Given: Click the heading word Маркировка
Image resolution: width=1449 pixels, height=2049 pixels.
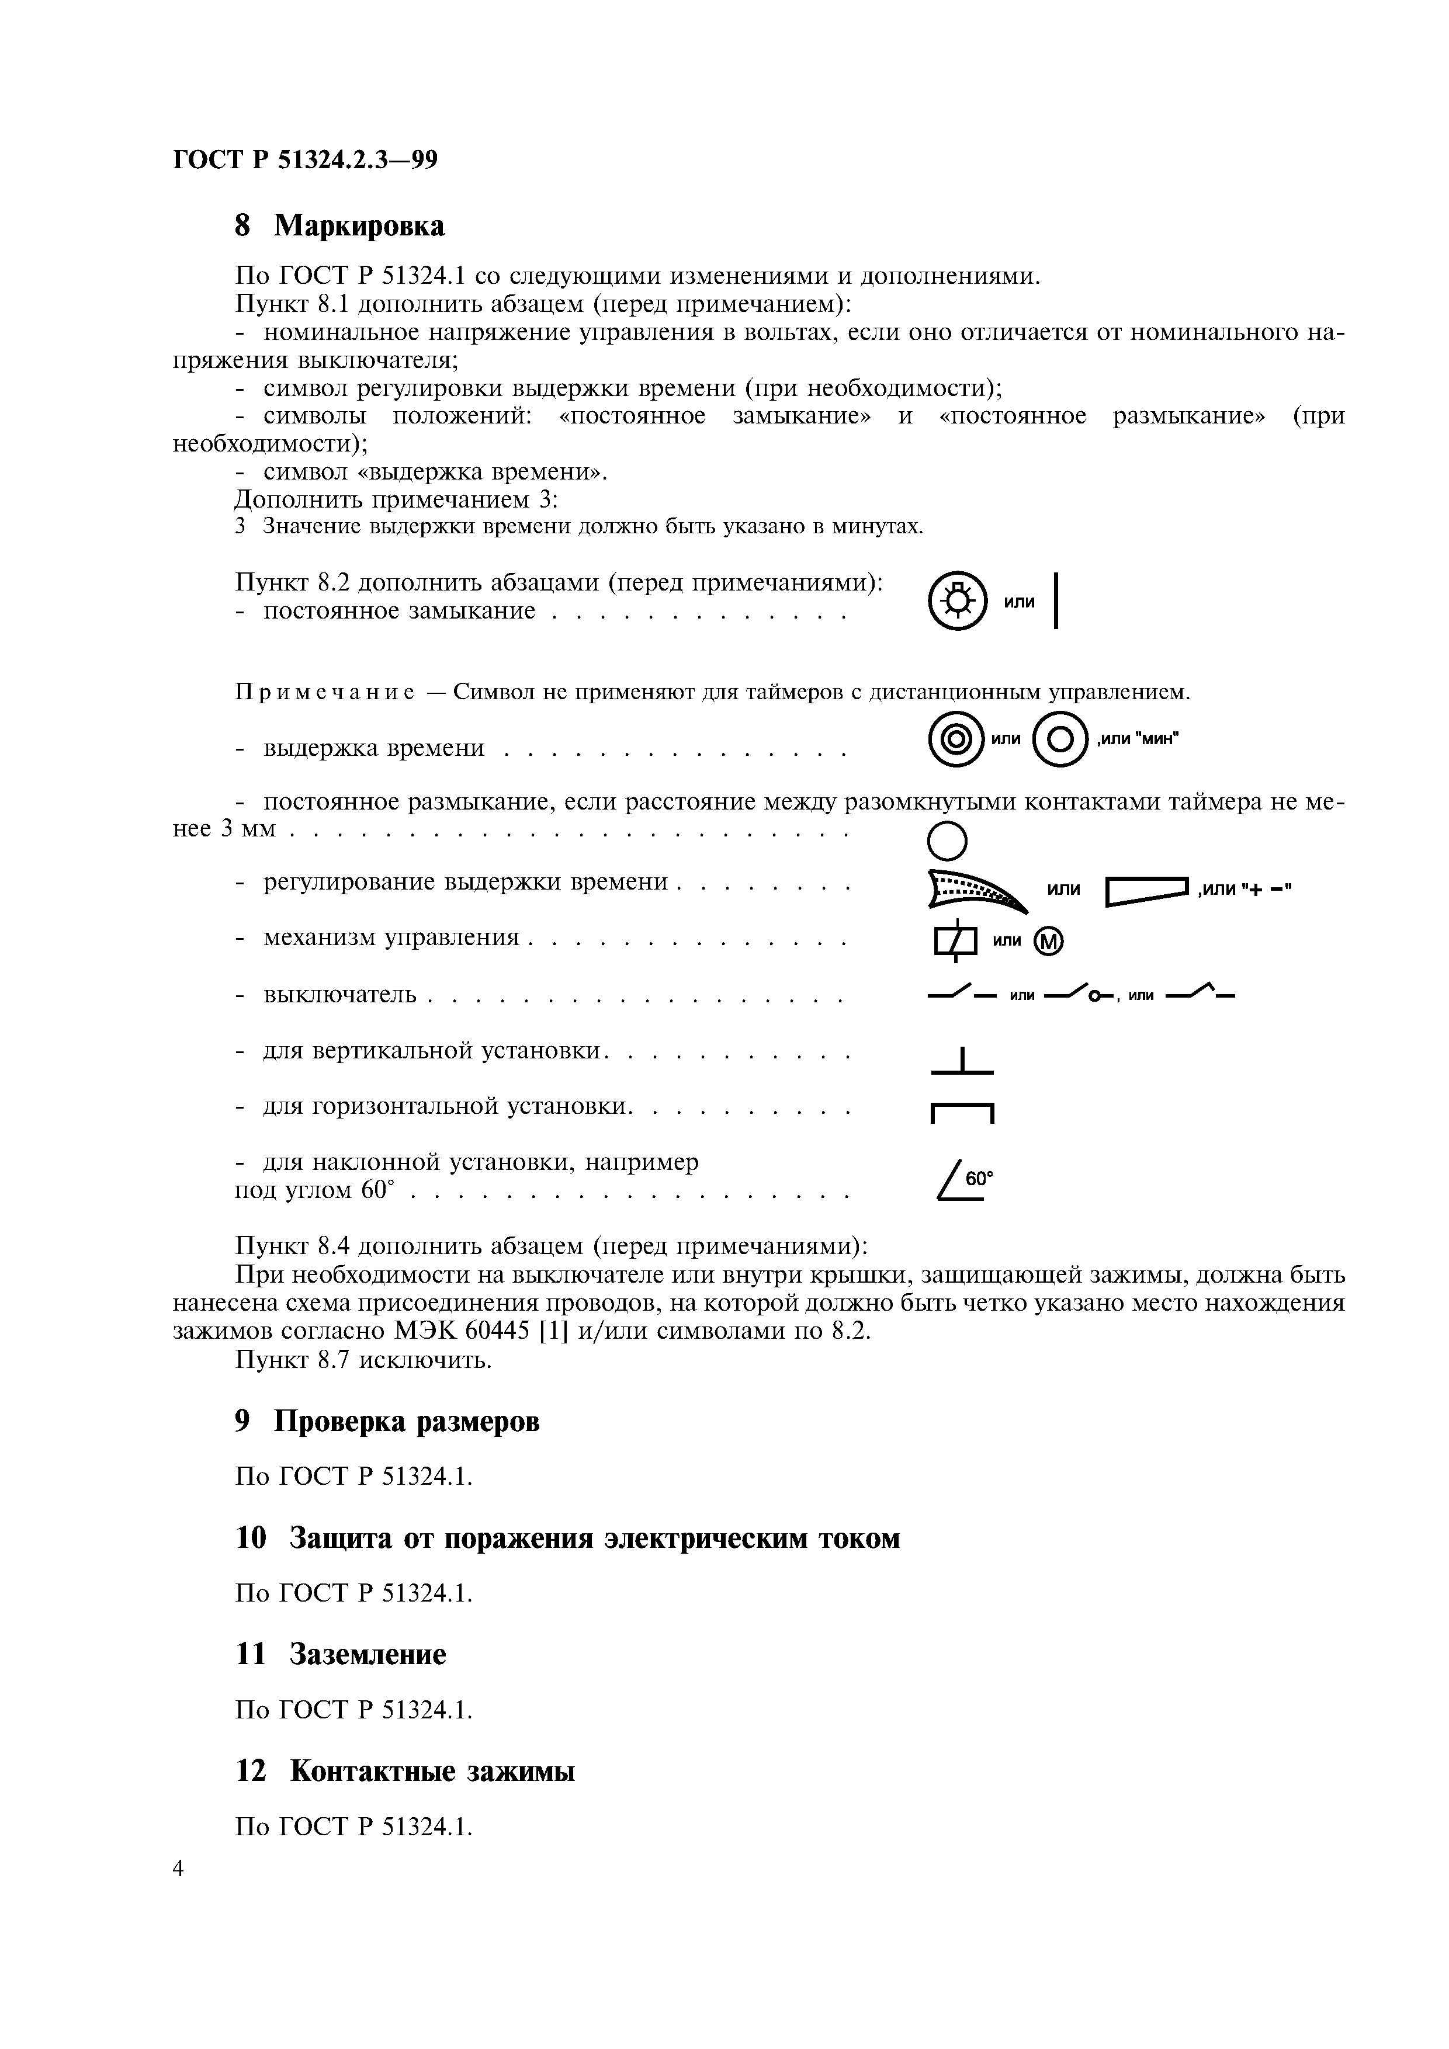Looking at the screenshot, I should (x=359, y=226).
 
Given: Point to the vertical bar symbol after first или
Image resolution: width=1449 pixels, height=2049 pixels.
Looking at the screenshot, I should (x=1056, y=600).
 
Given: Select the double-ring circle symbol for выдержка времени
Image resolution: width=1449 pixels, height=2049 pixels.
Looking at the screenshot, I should (x=956, y=740).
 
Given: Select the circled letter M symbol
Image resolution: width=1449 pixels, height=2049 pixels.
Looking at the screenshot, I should (x=1049, y=942).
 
